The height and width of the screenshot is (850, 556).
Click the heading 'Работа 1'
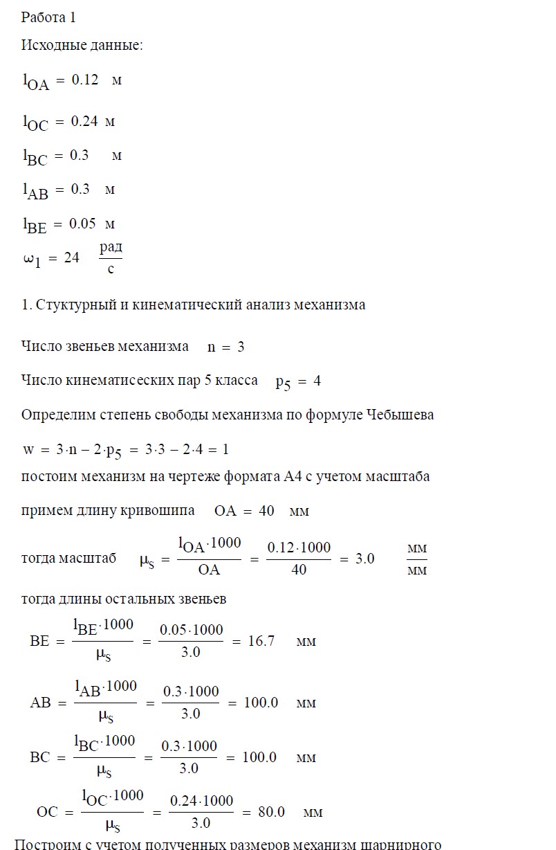(x=44, y=17)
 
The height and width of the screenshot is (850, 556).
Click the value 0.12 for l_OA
(x=85, y=80)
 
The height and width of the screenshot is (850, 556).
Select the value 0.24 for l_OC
(x=85, y=121)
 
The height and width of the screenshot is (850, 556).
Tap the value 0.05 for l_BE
(x=82, y=224)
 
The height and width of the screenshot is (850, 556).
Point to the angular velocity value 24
(x=72, y=257)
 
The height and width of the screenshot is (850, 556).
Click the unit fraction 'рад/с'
(x=111, y=257)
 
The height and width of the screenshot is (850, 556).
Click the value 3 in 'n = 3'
(x=241, y=347)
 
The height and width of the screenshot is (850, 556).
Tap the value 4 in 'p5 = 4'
(x=317, y=381)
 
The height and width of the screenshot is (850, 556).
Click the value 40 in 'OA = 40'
(x=266, y=512)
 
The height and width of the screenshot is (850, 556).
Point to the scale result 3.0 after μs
(x=364, y=558)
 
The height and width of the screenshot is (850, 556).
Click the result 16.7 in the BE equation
(x=261, y=641)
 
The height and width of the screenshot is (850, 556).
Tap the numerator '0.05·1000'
(x=192, y=630)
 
